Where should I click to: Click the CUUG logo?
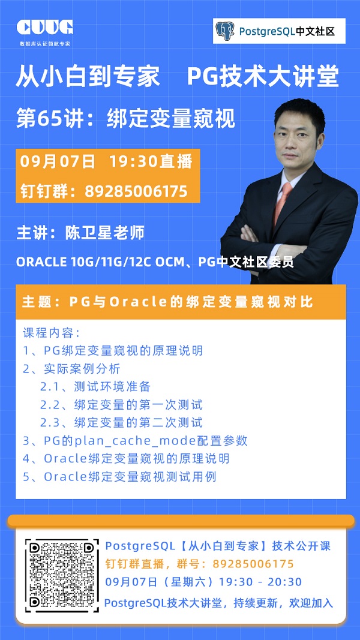(x=45, y=28)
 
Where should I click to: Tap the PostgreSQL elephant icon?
(x=225, y=31)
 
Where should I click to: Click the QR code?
(x=62, y=576)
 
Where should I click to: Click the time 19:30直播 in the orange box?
(x=151, y=161)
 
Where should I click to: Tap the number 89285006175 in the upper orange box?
(x=136, y=191)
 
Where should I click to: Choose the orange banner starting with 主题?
(x=181, y=302)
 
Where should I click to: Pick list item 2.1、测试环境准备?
(x=95, y=386)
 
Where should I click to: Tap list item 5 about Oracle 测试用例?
(x=119, y=476)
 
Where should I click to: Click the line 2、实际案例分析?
(x=71, y=368)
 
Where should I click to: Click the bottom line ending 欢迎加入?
(x=219, y=602)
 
